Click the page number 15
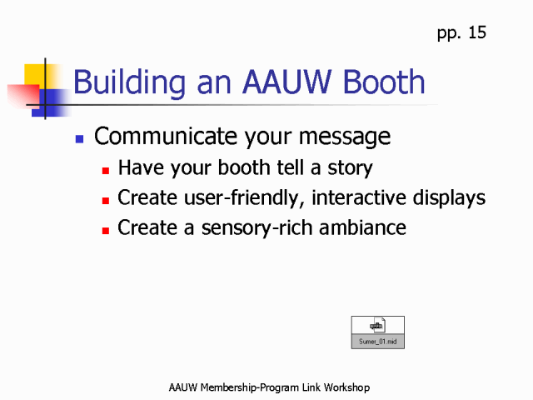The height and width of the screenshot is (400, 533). pyautogui.click(x=477, y=32)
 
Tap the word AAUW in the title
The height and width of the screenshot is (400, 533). pyautogui.click(x=286, y=82)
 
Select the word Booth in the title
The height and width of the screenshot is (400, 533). pyautogui.click(x=384, y=82)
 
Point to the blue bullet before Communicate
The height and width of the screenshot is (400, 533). pyautogui.click(x=80, y=139)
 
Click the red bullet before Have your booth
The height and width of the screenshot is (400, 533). pyautogui.click(x=106, y=170)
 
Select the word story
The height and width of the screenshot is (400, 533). pyautogui.click(x=350, y=168)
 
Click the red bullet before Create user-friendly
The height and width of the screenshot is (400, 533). pyautogui.click(x=106, y=201)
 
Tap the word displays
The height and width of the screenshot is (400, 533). pyautogui.click(x=449, y=198)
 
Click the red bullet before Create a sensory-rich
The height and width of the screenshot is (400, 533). pyautogui.click(x=106, y=231)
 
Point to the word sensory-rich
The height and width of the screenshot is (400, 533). pyautogui.click(x=257, y=228)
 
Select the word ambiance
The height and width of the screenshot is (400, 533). pyautogui.click(x=363, y=227)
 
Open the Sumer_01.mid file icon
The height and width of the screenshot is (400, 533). pyautogui.click(x=377, y=332)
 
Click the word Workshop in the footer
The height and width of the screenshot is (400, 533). pyautogui.click(x=346, y=387)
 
